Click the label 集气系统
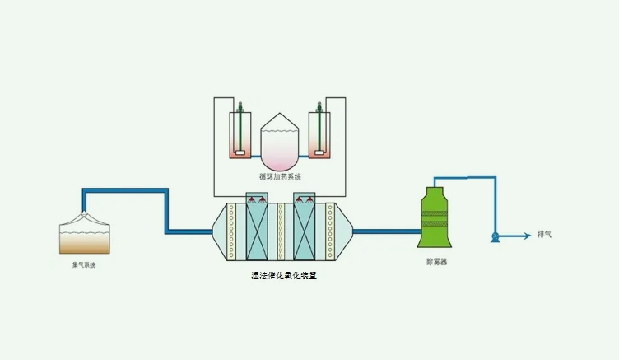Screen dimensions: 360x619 [83, 264]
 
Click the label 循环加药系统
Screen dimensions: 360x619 [280, 176]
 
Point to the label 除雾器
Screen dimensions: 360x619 [436, 261]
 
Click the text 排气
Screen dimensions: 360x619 [544, 235]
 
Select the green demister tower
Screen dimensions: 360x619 [435, 217]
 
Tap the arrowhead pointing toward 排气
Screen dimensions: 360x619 [526, 236]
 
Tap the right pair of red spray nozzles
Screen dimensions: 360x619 [305, 200]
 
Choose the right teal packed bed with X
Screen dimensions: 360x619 [305, 231]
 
